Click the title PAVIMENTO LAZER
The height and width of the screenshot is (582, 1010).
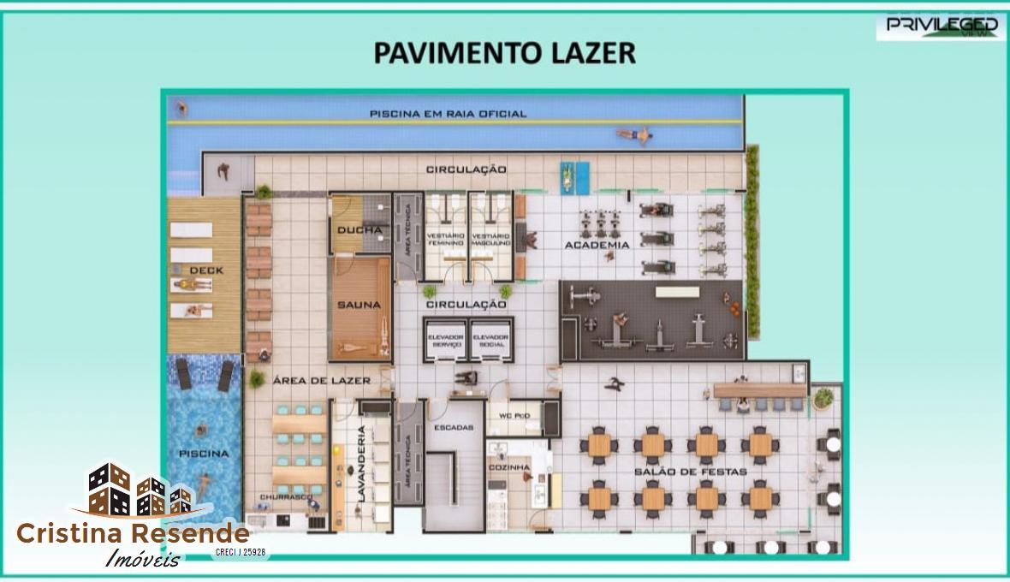tap(504, 52)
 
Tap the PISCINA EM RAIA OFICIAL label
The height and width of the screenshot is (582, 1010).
tap(448, 113)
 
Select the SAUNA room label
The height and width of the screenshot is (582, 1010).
tap(358, 305)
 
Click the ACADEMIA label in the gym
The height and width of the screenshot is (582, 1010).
tap(597, 245)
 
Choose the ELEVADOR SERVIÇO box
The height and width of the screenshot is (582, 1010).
tap(445, 340)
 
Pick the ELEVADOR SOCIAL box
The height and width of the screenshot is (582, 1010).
tap(490, 340)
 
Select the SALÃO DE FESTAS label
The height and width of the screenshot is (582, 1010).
tap(690, 472)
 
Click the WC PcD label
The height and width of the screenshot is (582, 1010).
tap(514, 416)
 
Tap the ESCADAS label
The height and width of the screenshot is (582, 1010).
tap(453, 427)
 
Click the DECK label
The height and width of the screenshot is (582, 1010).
tap(206, 270)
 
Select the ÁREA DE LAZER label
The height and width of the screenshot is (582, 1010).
tap(322, 380)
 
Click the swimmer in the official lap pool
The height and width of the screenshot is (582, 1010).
tap(634, 134)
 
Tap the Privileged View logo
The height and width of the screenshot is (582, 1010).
tap(942, 25)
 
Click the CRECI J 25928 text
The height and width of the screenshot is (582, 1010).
tap(241, 553)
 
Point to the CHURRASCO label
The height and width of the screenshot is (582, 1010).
tap(287, 496)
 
